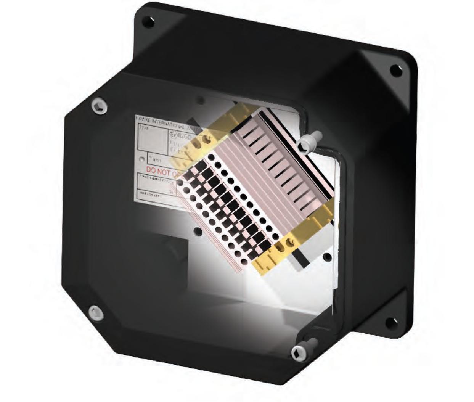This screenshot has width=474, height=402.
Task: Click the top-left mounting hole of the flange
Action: coord(149,22)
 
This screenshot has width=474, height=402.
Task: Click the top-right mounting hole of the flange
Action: coord(395,70)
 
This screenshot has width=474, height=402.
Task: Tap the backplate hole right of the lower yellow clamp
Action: coord(327,257)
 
